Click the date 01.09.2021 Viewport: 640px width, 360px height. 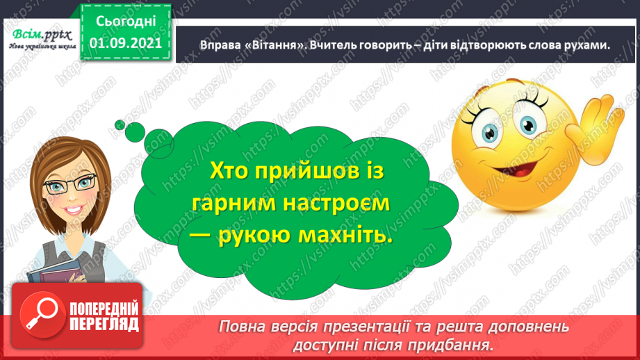[125, 42]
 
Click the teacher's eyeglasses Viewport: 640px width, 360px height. [68, 183]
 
